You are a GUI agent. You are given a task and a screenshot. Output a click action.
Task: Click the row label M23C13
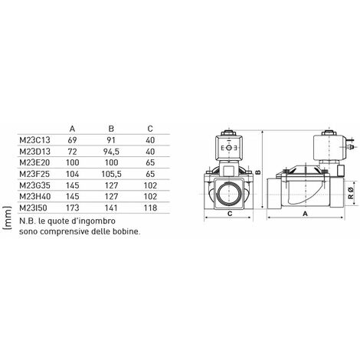tap(34, 140)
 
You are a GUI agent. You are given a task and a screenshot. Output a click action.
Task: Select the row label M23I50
tap(33, 208)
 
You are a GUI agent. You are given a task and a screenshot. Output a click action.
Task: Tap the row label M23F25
tap(34, 174)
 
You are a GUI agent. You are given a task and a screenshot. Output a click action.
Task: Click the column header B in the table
tap(111, 129)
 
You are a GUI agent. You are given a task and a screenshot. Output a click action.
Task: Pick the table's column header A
tap(72, 129)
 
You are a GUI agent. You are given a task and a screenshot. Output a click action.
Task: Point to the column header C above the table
tap(150, 129)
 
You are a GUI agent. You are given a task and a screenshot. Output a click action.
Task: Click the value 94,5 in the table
tap(111, 152)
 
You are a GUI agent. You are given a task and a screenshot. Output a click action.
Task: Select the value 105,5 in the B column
tap(111, 174)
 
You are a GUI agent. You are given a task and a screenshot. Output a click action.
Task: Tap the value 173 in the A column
tap(73, 208)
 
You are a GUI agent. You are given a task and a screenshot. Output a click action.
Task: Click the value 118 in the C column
tap(150, 208)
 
